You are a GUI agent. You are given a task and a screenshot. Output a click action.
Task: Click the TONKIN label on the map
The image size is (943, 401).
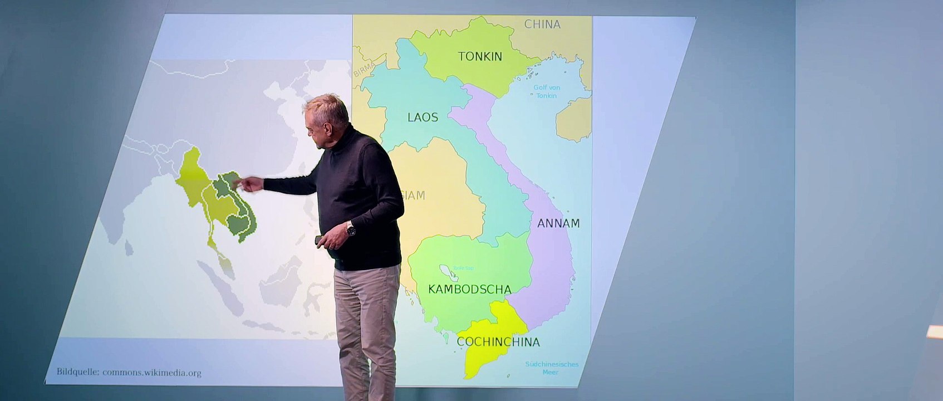coord(480,56)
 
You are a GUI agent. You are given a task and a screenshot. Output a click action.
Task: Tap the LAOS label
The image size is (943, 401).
coord(423,117)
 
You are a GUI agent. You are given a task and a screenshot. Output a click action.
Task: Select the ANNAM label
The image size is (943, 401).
coord(558,223)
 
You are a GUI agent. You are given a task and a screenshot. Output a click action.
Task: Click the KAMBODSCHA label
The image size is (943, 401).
coord(469,290)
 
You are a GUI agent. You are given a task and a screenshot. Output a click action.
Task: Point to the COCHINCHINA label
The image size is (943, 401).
coord(498,342)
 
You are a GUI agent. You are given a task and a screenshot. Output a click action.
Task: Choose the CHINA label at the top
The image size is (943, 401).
coord(542,24)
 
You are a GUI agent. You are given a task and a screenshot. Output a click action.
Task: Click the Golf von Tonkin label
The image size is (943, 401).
coord(547,91)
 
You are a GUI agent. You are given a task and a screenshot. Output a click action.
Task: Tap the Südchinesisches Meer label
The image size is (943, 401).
coord(552,368)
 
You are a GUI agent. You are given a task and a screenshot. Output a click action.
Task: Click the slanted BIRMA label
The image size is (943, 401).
coord(364,70)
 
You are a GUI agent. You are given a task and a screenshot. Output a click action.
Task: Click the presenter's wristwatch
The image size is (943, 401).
coord(350,228)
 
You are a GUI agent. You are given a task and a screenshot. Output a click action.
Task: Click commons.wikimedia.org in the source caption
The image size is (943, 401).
coord(151,373)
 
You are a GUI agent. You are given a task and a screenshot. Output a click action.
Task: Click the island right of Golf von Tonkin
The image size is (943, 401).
coord(574,119)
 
